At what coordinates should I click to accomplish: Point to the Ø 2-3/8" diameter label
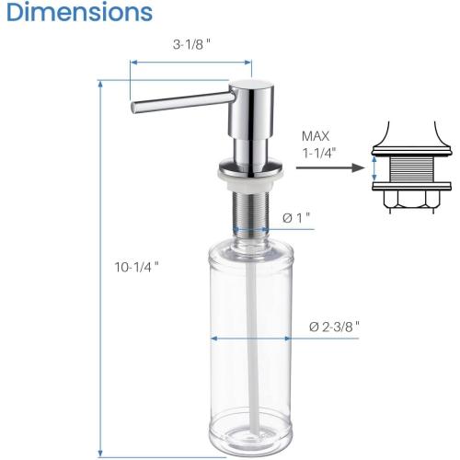[334, 326]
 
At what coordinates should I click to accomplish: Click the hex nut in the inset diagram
[410, 201]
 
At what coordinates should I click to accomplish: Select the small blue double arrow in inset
[374, 168]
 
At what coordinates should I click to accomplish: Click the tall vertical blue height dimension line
[99, 267]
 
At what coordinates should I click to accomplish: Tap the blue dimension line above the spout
[190, 63]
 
